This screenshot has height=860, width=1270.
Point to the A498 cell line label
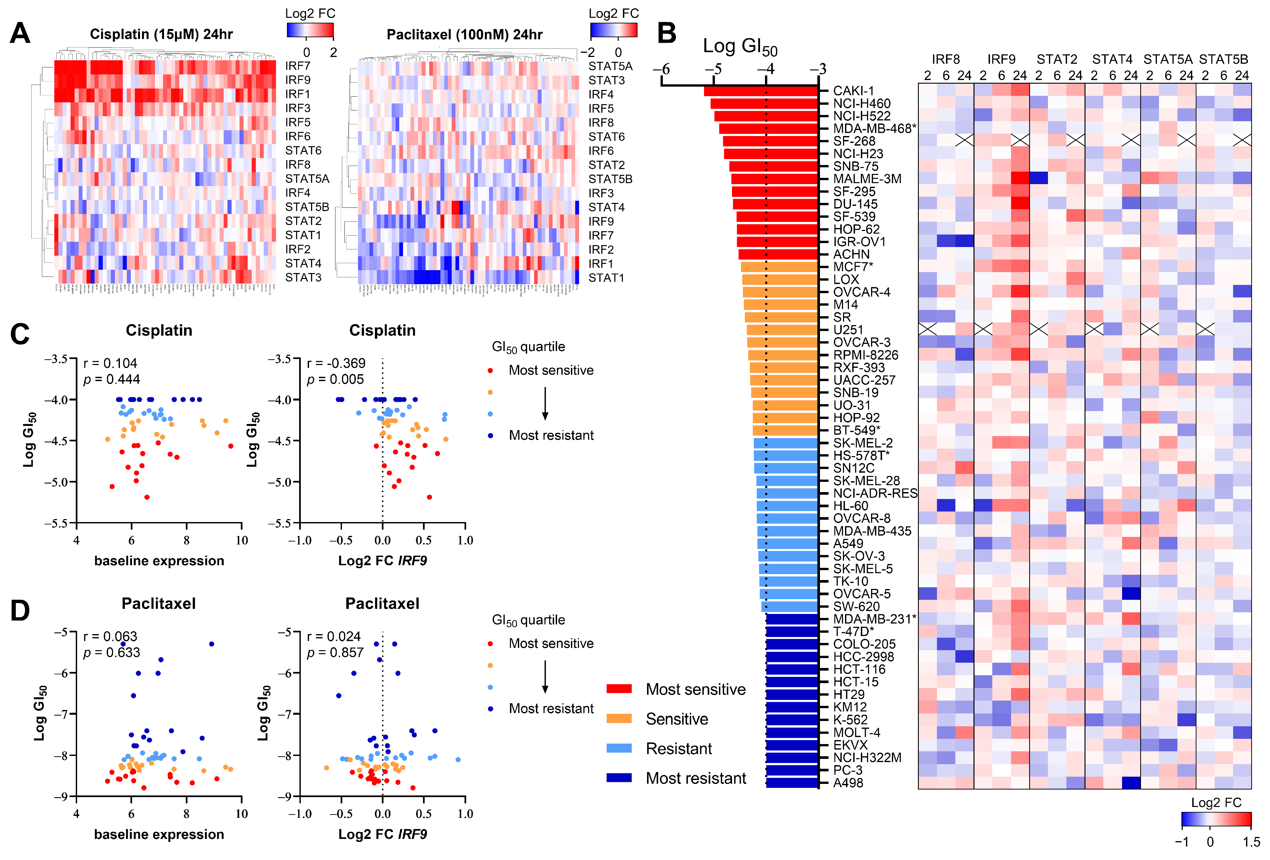click(848, 782)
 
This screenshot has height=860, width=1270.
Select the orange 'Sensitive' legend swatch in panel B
click(619, 718)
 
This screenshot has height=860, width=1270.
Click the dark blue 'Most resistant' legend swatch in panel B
click(619, 778)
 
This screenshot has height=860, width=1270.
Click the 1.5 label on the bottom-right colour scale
click(1251, 842)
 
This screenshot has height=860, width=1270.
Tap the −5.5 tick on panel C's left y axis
click(56, 523)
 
